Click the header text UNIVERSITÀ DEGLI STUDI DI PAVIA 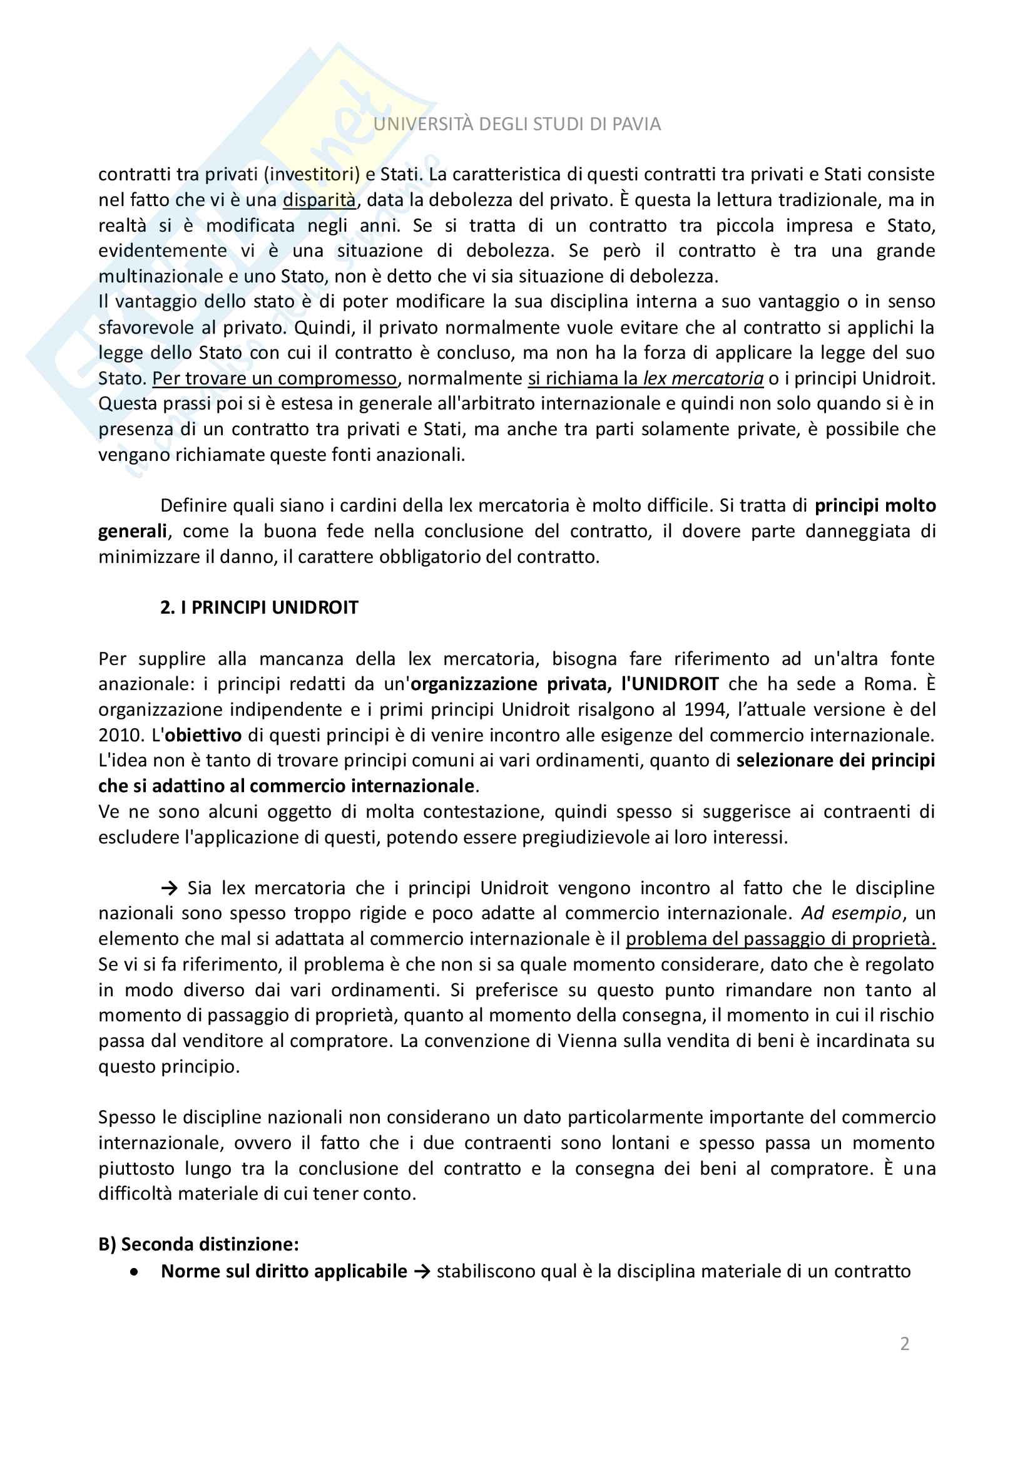coord(517,125)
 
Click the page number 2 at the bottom coord(904,1344)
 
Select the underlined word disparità coord(319,200)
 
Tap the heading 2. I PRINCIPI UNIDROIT coord(259,607)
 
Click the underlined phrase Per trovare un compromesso coord(274,379)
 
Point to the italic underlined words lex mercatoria coord(703,379)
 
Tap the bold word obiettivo coord(203,735)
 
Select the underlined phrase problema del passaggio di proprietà coord(780,939)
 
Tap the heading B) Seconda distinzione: coord(198,1244)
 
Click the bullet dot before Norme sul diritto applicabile coord(134,1272)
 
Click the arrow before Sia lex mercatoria coord(169,888)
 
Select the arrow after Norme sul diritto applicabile coord(421,1272)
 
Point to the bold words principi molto coord(875,506)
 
